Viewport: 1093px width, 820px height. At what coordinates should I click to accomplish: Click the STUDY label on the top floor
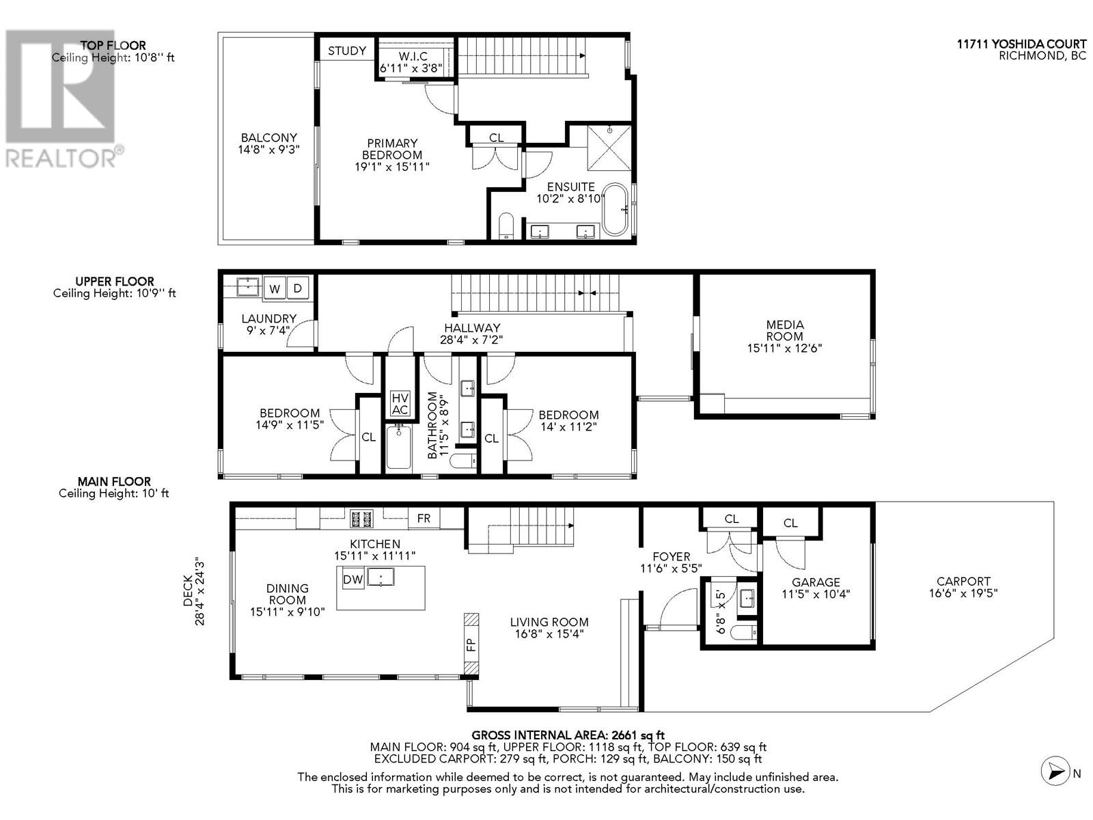pos(346,51)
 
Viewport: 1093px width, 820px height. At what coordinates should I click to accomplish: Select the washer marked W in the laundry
pos(275,288)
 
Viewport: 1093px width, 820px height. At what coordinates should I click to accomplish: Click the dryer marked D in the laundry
pos(298,288)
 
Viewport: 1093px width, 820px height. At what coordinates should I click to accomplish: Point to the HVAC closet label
pos(400,404)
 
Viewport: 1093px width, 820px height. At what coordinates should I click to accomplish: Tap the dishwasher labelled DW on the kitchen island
pos(352,579)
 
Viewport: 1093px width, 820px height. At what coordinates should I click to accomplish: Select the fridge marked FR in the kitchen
pos(424,519)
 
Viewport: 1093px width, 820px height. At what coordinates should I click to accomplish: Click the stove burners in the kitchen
pos(362,519)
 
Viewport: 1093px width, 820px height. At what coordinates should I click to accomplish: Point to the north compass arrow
pos(1056,772)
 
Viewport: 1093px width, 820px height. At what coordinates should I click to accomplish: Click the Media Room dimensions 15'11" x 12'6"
pos(785,348)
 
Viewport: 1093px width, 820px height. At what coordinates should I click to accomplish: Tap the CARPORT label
pos(963,582)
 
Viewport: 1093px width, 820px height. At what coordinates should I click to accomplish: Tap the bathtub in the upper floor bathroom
pos(398,447)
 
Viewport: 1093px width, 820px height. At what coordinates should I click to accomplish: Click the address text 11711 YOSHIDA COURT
pos(1021,44)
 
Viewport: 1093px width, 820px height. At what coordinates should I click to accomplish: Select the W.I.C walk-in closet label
pos(413,57)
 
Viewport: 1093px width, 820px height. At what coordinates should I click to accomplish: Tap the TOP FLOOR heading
pos(113,46)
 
